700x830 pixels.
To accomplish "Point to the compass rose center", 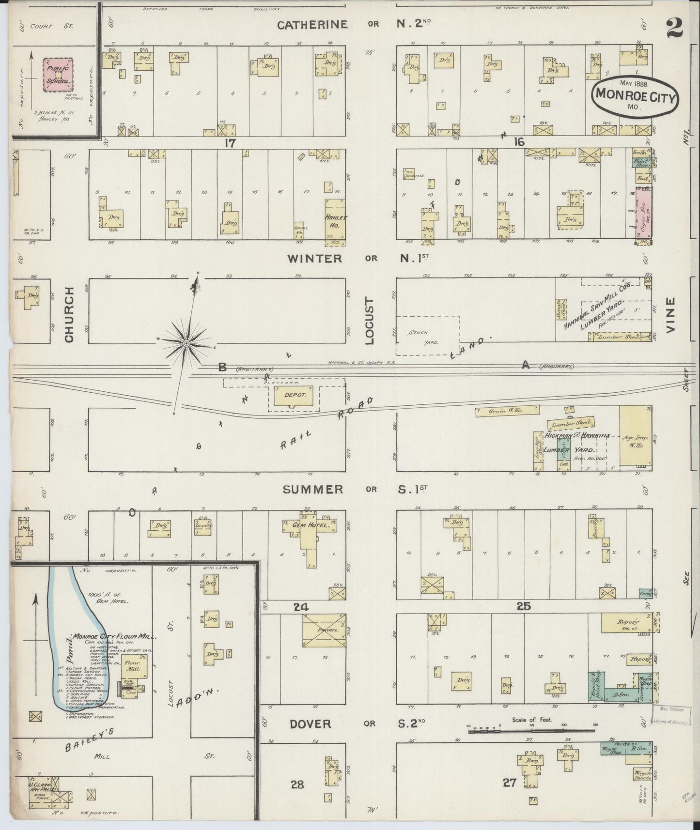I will coord(186,343).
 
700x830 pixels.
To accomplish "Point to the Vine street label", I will coord(670,314).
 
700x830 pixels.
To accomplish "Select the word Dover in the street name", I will coord(310,723).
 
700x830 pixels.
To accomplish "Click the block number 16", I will coord(519,142).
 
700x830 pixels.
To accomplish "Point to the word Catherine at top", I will coord(312,25).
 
